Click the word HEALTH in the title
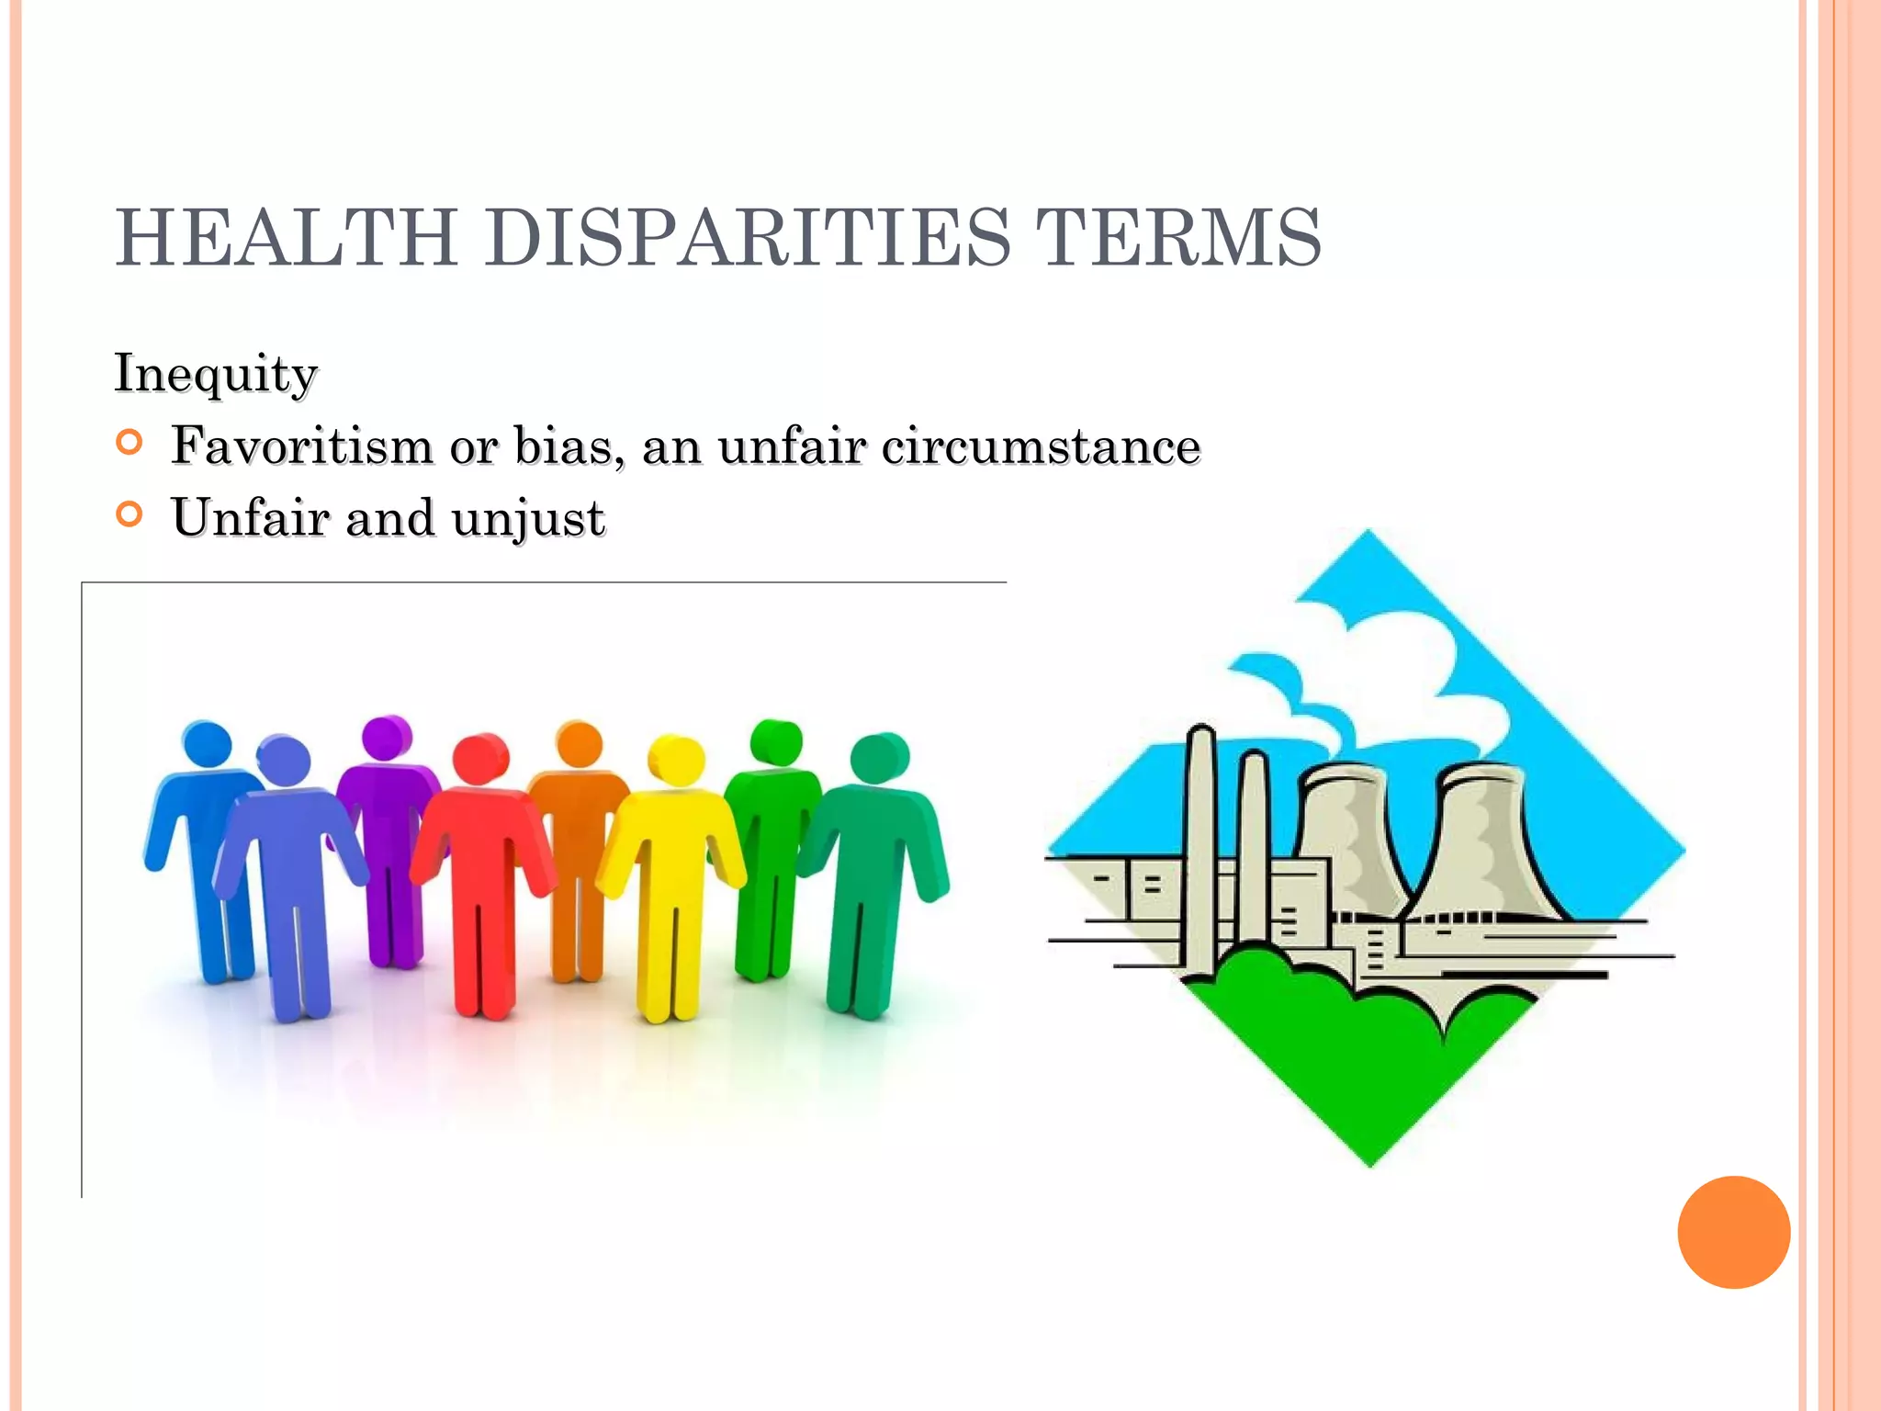coord(287,237)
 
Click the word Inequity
coord(216,374)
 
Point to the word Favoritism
coord(302,446)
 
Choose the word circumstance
coord(1041,446)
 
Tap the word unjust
coord(528,519)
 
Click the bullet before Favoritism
coord(130,443)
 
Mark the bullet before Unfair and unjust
coord(130,514)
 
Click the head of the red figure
coord(481,759)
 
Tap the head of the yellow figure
coord(677,760)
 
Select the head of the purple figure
coord(387,737)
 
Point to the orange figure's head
coord(580,744)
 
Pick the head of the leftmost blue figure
coord(208,743)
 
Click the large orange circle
coord(1733,1232)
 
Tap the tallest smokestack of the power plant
coord(1200,845)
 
